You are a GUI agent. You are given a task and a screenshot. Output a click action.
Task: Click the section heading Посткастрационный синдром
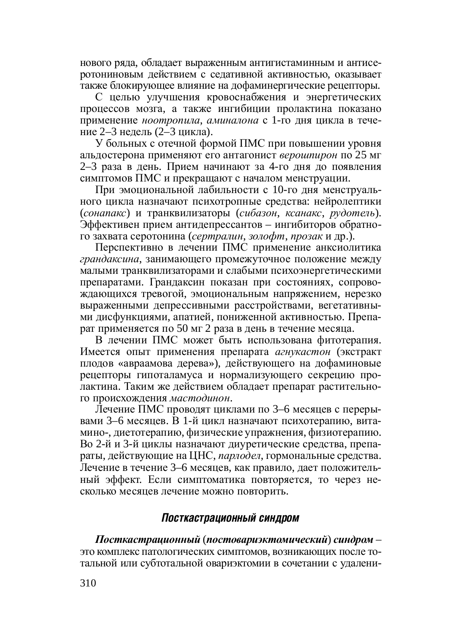230,518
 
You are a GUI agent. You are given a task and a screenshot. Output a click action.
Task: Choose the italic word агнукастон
303,352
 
